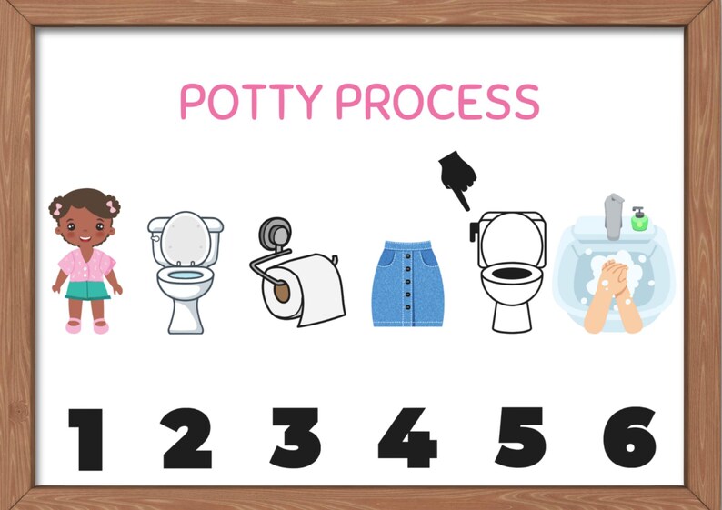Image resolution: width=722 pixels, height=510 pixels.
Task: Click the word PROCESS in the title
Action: coord(437,101)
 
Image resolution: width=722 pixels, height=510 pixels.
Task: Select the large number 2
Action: coord(187,438)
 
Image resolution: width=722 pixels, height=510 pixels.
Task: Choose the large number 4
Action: coord(406,438)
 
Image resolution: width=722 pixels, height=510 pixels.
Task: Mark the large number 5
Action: coord(519,438)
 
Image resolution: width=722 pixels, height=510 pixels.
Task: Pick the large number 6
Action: coord(629,438)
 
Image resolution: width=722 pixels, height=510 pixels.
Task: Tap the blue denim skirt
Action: coord(406,284)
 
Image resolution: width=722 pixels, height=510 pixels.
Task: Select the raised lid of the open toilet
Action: coord(186,235)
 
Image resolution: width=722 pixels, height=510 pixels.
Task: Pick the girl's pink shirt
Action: coord(86,265)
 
